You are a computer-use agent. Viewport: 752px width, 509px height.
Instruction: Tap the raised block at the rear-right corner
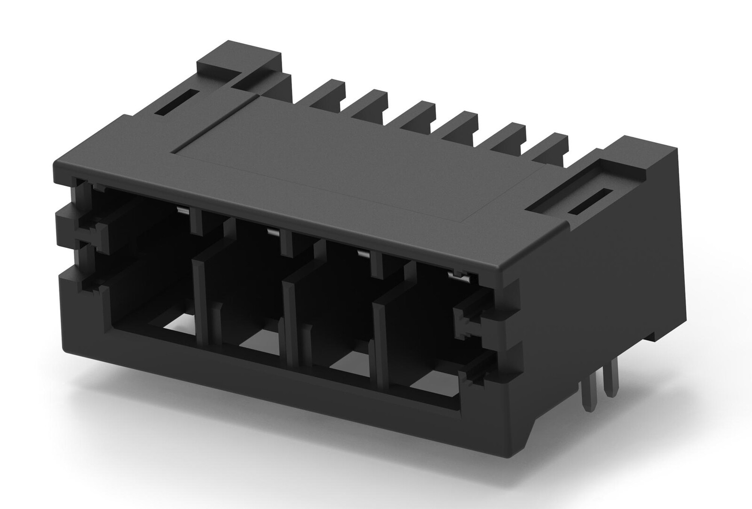coord(644,155)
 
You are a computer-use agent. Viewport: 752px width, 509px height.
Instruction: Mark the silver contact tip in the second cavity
coord(273,231)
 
